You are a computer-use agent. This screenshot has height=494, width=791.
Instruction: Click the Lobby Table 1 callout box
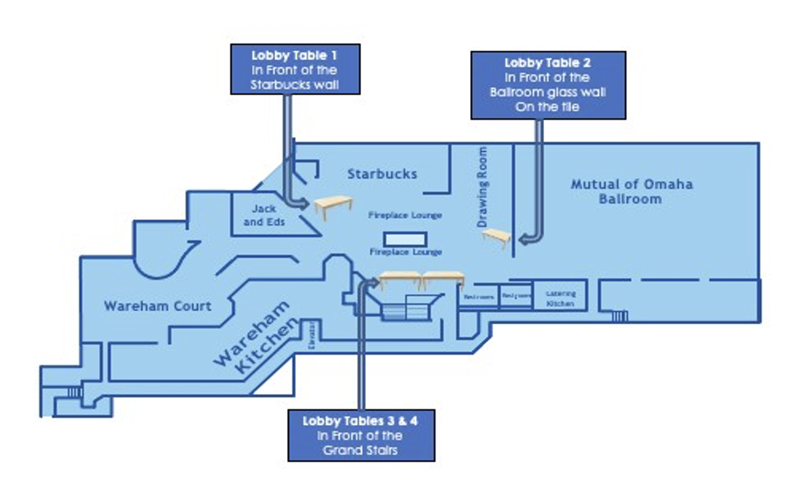295,69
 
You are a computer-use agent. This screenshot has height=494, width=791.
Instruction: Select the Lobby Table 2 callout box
547,85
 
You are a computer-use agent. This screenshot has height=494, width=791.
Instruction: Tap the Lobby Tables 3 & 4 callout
361,435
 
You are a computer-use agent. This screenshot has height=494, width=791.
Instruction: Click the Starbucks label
382,174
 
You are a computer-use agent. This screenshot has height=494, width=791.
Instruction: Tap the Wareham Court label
158,306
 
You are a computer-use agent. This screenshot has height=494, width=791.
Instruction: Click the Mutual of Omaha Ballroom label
631,190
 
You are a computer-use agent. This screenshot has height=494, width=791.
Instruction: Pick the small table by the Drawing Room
496,238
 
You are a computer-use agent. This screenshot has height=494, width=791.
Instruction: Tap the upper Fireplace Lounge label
405,216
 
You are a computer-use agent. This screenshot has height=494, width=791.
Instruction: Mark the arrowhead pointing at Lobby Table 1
300,203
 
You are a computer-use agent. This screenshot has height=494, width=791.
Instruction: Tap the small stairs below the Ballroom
620,315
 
